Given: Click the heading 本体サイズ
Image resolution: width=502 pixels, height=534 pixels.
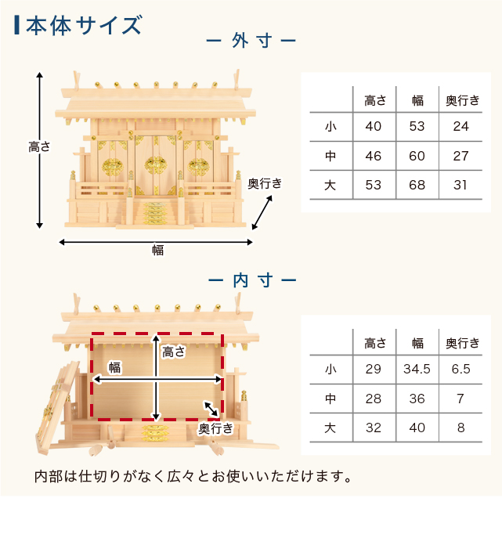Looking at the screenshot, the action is coord(84,25).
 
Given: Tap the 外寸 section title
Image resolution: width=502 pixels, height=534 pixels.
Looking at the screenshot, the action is coord(251,41).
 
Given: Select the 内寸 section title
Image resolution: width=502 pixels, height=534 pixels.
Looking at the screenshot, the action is coord(252,280).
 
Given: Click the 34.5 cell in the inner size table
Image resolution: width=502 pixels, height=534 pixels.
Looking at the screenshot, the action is coord(417,369).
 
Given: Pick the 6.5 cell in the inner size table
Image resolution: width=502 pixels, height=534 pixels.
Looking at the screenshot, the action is coord(460,369).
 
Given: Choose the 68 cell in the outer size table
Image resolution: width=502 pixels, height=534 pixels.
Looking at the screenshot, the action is coord(417,185).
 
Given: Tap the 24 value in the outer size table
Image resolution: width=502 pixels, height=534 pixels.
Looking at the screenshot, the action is coord(460,126).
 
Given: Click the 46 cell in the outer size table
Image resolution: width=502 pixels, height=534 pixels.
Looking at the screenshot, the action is coord(374,156).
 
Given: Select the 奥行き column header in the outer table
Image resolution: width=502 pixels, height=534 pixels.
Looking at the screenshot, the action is coord(463,100).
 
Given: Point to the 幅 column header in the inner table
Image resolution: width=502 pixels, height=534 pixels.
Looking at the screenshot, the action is coord(417,343).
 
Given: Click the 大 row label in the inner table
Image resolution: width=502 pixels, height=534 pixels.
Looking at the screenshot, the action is coord(330,428).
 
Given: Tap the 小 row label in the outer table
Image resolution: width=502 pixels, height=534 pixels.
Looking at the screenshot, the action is coord(330,127).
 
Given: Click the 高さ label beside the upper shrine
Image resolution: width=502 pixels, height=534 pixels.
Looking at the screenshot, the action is coord(39,147).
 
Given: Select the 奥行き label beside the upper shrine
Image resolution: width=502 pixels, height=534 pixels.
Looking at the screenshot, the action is coord(265,183).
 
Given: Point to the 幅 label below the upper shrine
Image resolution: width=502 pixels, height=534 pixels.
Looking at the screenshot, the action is coord(157,251).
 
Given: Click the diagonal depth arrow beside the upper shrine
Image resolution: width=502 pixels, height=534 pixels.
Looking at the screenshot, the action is coord(262,212).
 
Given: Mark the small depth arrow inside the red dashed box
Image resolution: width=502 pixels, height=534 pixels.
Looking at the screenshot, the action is coord(211,409).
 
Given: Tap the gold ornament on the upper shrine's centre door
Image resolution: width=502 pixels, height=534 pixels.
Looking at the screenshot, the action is coord(156,165).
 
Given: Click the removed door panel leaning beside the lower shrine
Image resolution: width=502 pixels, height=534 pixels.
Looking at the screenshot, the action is coord(56,408).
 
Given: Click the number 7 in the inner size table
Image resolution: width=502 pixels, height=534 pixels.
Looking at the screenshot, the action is coord(460,399).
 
